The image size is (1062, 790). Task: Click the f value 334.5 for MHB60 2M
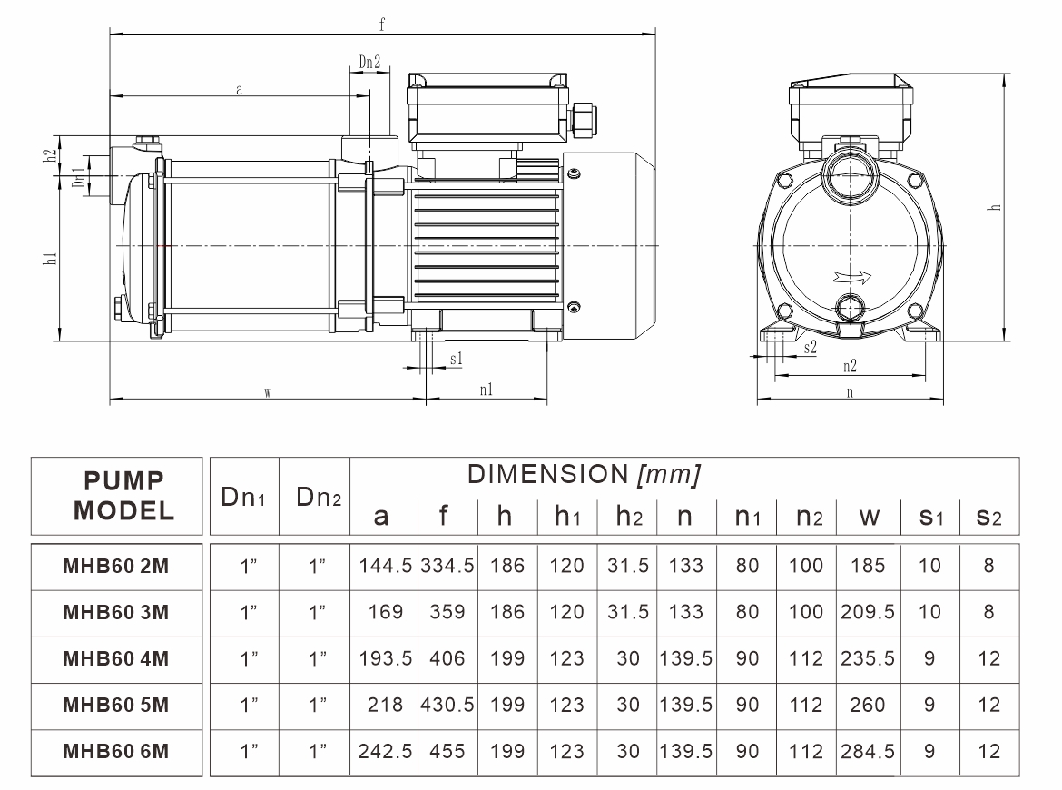point(447,566)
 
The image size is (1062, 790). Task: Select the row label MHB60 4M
point(115,658)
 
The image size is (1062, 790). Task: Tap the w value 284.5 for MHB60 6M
point(869,751)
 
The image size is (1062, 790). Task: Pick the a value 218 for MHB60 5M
point(386,705)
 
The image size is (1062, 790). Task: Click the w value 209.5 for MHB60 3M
point(869,612)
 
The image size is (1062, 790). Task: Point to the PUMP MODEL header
point(123,495)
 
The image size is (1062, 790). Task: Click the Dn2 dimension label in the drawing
point(369,63)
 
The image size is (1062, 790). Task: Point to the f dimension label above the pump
point(382,25)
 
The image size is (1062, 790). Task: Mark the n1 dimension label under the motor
point(486,390)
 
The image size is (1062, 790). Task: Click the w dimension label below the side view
point(268,392)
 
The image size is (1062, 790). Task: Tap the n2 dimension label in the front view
point(850,366)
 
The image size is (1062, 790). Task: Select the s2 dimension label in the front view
point(811,346)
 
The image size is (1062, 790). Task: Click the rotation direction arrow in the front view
point(848,277)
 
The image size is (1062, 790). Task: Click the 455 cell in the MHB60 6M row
point(447,751)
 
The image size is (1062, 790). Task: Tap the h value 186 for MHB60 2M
point(507,566)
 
